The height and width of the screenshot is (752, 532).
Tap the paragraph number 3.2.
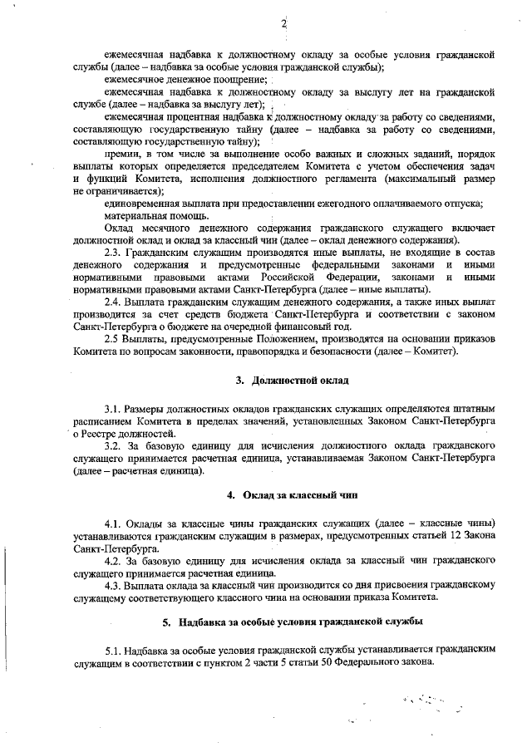[x=116, y=446]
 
